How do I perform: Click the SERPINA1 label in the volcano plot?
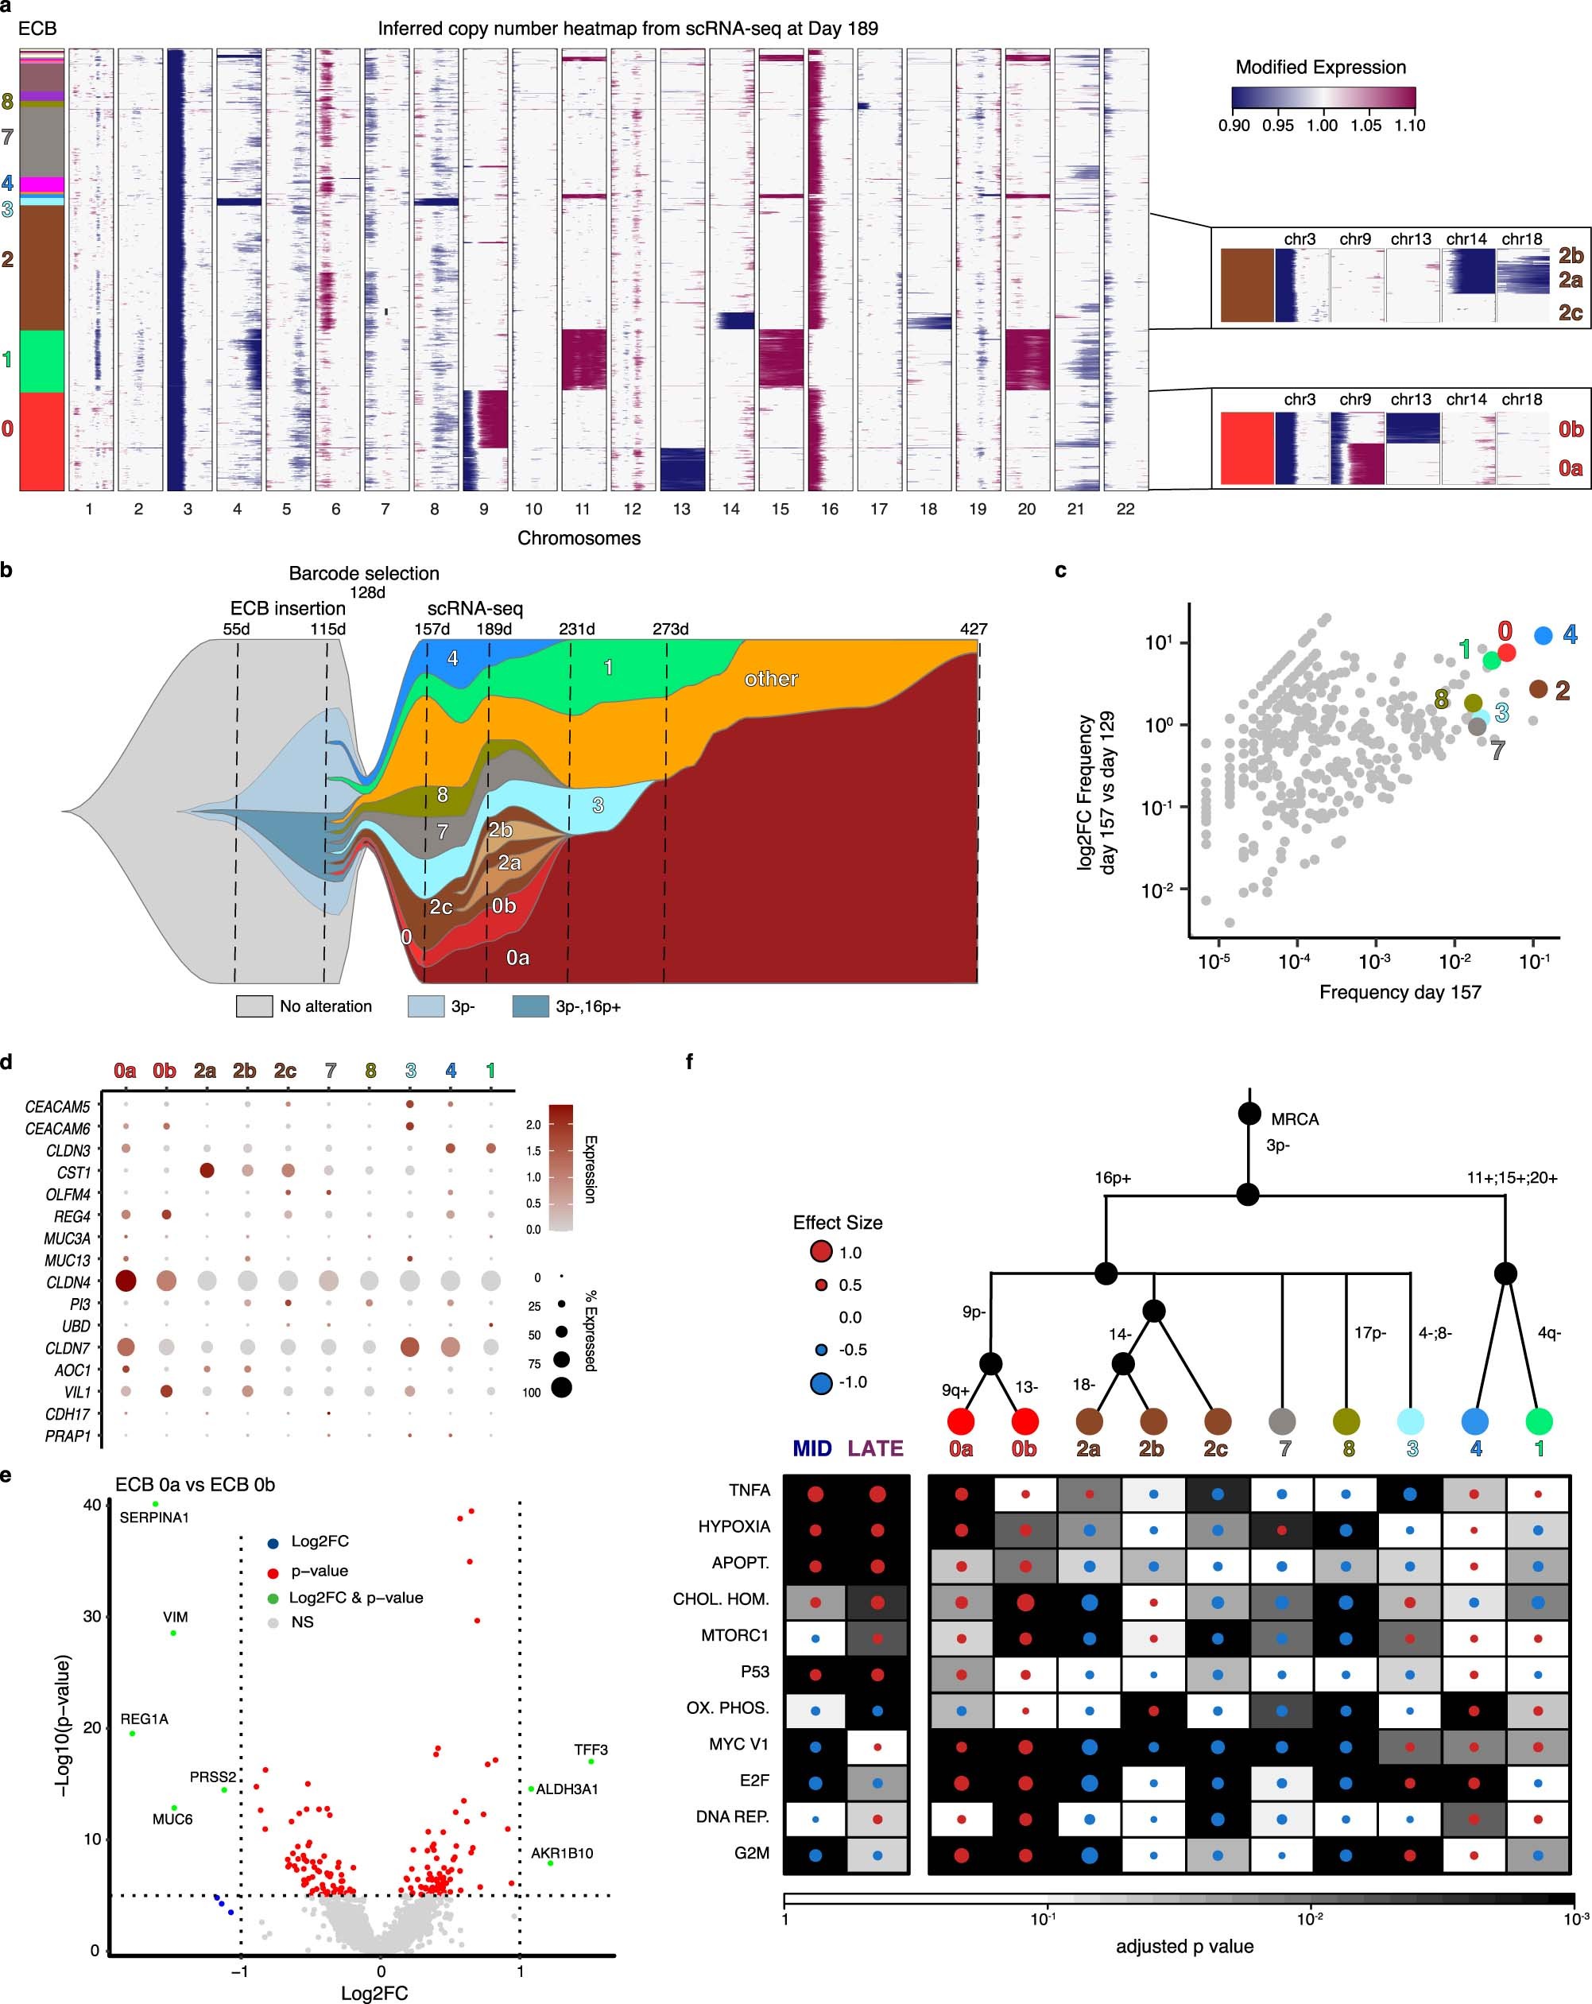tap(153, 1517)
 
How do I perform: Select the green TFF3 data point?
tap(591, 1762)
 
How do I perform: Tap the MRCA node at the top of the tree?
tap(1249, 1114)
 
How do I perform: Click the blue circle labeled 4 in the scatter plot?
tap(1543, 636)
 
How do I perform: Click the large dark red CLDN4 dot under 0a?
tap(126, 1281)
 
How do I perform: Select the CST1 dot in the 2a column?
tap(207, 1171)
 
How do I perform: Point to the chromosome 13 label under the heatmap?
tap(681, 510)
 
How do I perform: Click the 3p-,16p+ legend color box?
tap(529, 1006)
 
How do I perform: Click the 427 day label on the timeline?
tap(973, 630)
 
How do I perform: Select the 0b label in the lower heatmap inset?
tap(1570, 429)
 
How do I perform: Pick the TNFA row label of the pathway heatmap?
tap(749, 1490)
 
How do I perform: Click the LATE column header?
tap(875, 1448)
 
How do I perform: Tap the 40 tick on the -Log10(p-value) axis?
tap(91, 1504)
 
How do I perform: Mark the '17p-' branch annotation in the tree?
tap(1370, 1333)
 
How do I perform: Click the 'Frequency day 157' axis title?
tap(1400, 993)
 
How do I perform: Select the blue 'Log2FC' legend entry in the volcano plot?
tap(319, 1541)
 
